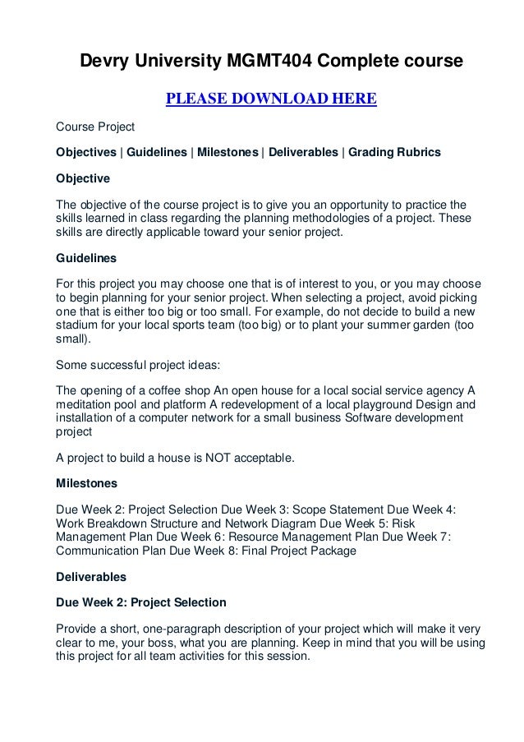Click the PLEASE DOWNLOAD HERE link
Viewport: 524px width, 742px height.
coord(271,100)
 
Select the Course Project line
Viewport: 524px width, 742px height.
coord(94,127)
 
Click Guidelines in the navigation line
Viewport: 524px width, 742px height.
coord(157,152)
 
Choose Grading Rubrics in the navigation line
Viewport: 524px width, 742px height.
coord(394,152)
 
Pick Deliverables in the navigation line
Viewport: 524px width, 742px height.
coord(301,152)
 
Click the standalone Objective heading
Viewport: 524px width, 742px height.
coord(82,177)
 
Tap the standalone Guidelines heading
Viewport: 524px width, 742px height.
coord(85,257)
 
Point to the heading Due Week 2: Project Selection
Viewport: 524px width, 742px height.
coord(140,602)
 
